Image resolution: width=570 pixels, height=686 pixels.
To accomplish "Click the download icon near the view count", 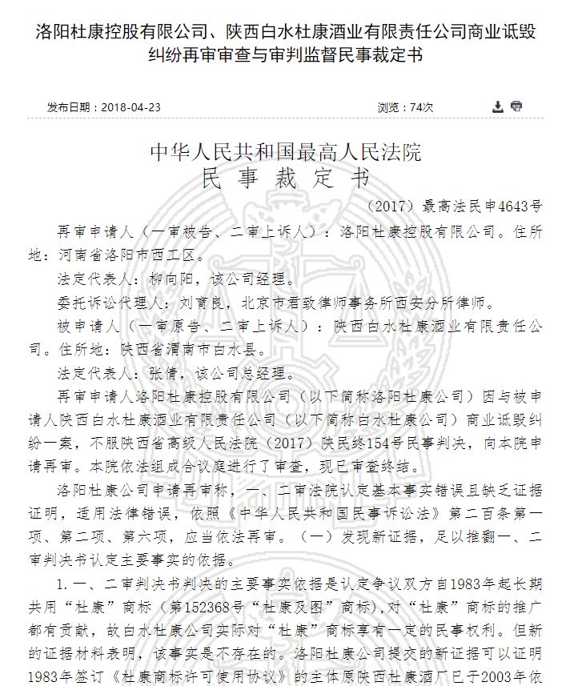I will click(x=498, y=106).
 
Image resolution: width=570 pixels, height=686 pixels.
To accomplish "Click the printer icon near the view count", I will click(x=516, y=106).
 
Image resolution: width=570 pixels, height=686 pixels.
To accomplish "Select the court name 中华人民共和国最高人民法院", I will click(x=286, y=151).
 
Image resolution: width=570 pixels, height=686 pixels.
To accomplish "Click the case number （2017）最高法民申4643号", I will click(x=453, y=206).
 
